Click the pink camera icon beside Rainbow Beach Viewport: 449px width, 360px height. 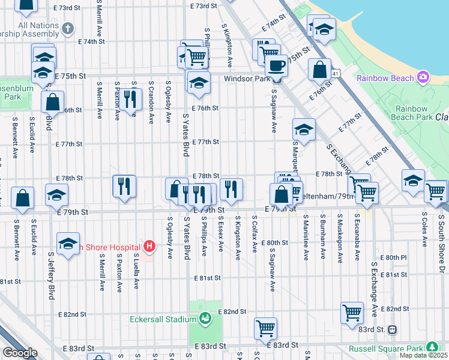(423, 78)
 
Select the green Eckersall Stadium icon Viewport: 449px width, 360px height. (205, 319)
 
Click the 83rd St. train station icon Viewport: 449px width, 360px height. (393, 329)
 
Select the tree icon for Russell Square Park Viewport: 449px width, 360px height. (431, 347)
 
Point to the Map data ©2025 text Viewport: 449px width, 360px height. (423, 355)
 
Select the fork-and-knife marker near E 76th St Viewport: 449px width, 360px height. (130, 98)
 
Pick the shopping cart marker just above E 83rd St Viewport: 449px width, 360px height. (265, 328)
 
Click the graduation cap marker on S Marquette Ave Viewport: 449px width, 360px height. (304, 130)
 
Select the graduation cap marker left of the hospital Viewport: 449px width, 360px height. (68, 244)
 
